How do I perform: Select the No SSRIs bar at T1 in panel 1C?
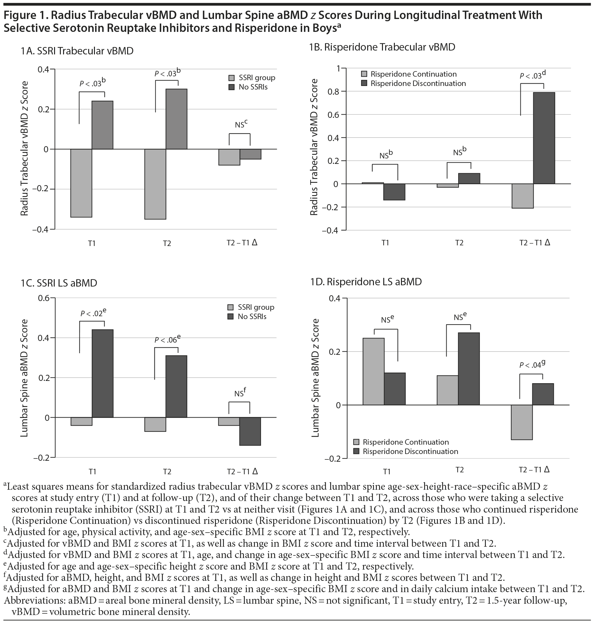103,373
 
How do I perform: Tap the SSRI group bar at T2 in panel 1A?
155,184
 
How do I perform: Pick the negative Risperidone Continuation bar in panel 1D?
522,422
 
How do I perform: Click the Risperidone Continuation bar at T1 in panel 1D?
373,371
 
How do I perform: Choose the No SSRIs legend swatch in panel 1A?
232,87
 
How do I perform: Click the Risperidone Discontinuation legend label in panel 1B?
418,83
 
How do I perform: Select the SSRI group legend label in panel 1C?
256,307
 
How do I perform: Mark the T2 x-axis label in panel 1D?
460,470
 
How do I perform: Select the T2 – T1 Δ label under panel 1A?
242,242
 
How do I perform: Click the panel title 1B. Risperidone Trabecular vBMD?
382,47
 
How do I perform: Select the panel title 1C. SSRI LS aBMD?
59,283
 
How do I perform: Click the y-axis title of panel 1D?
316,378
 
